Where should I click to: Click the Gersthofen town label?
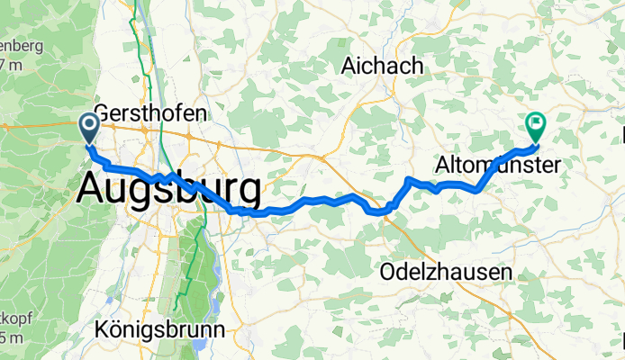click(x=149, y=113)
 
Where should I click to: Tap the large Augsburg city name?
click(x=170, y=189)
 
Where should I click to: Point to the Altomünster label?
click(x=498, y=166)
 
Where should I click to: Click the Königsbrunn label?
click(x=159, y=330)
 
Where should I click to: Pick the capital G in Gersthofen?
click(x=101, y=113)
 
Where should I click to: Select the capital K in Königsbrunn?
click(x=101, y=330)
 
